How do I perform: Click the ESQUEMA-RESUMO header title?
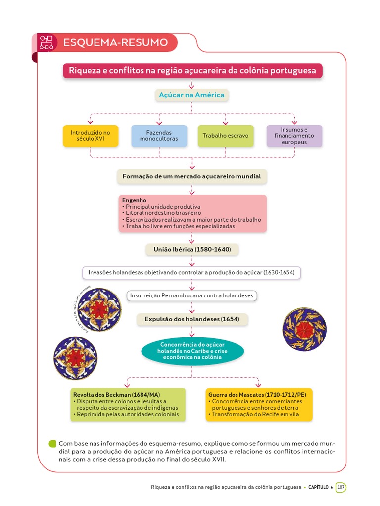pos(115,42)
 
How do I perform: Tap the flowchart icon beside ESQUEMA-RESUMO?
pos(46,42)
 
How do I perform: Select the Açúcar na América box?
pos(191,95)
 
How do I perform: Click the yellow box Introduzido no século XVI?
pos(91,136)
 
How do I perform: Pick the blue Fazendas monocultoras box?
pos(159,136)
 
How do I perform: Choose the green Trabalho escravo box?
pos(226,136)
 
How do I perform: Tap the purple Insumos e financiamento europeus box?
pos(294,136)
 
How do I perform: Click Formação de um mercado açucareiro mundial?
pos(191,176)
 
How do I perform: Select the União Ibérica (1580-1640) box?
pos(191,250)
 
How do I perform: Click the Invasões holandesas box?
pos(191,272)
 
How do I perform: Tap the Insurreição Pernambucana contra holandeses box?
pos(191,295)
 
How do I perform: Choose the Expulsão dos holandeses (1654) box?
pos(191,319)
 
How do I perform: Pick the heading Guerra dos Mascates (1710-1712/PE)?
pos(257,395)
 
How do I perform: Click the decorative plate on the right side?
pos(304,330)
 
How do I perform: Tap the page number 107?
pos(341,487)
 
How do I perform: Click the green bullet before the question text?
pos(52,444)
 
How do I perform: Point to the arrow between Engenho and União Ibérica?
pos(191,238)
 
